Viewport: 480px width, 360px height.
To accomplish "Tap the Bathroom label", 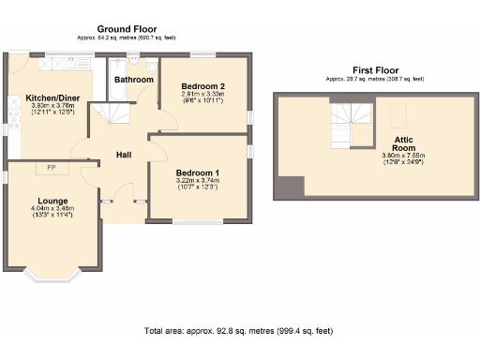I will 134,81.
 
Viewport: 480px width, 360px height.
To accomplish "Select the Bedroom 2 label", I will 202,85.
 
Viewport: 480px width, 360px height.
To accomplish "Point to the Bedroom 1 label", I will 198,172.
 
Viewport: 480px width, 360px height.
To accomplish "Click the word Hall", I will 124,154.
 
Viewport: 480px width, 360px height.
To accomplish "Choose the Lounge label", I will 52,200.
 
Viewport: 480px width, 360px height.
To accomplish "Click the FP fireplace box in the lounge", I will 51,168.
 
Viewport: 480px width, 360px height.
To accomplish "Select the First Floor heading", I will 375,70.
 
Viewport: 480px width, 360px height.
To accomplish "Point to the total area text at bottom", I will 238,331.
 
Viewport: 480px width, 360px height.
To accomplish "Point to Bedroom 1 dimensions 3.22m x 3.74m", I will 198,182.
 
